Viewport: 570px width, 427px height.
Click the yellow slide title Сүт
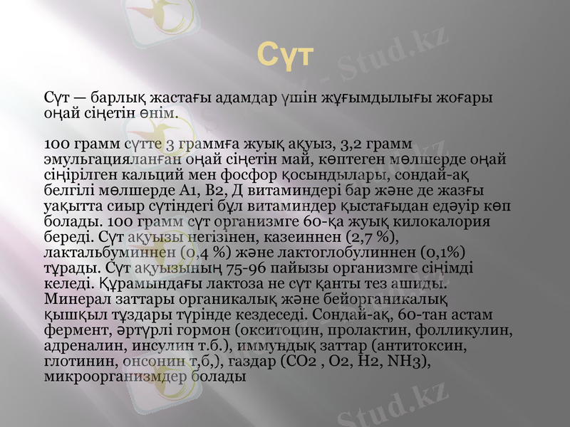[284, 56]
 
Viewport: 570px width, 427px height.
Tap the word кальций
[141, 174]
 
